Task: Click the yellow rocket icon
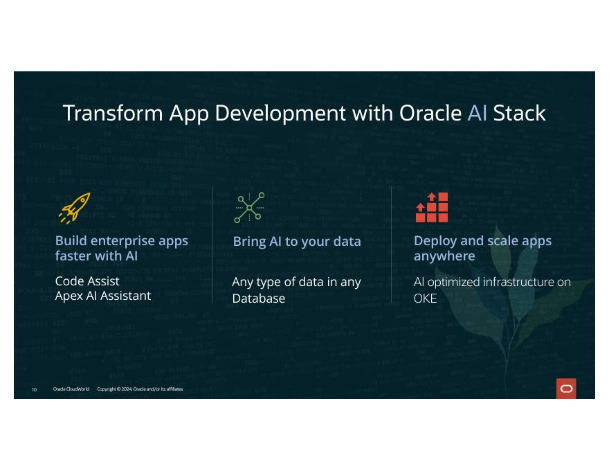75,208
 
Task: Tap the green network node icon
249,208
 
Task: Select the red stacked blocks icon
432,207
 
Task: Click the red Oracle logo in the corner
566,389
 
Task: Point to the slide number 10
34,390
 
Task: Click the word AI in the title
478,113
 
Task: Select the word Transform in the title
113,113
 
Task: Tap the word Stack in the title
520,113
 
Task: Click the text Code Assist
87,281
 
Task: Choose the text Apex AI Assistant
103,296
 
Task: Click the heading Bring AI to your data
297,242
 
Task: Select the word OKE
426,299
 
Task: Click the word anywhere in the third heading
444,256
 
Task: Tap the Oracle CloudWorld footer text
71,389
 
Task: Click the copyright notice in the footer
140,389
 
